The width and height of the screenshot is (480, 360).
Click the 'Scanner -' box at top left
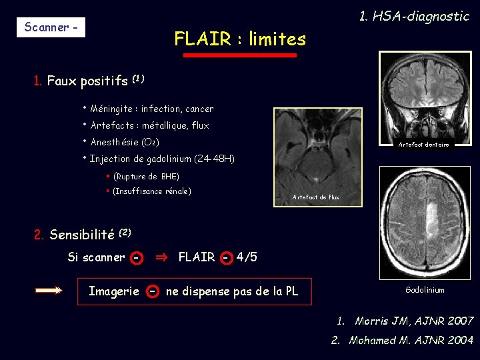(51, 27)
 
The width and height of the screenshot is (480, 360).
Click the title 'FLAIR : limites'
(240, 39)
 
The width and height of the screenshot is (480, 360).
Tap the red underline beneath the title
(240, 55)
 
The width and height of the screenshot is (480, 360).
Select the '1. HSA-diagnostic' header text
(414, 16)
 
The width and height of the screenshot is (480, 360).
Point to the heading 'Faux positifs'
(87, 81)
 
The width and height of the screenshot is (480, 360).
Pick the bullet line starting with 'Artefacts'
(149, 125)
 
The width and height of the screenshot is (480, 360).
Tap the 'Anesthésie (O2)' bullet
(123, 142)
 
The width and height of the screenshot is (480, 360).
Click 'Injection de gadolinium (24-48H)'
(160, 159)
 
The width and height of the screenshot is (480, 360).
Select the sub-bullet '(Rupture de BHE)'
(146, 177)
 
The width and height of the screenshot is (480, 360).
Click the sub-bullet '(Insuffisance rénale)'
(152, 191)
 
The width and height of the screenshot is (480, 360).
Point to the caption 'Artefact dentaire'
(423, 145)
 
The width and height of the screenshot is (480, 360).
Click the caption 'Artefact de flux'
(316, 197)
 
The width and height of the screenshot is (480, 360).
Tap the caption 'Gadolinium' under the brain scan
(425, 290)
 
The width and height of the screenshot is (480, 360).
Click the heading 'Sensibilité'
(82, 235)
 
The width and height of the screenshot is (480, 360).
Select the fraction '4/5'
(247, 257)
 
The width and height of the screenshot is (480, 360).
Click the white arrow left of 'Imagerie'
(49, 291)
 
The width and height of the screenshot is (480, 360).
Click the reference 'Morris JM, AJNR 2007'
(414, 321)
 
